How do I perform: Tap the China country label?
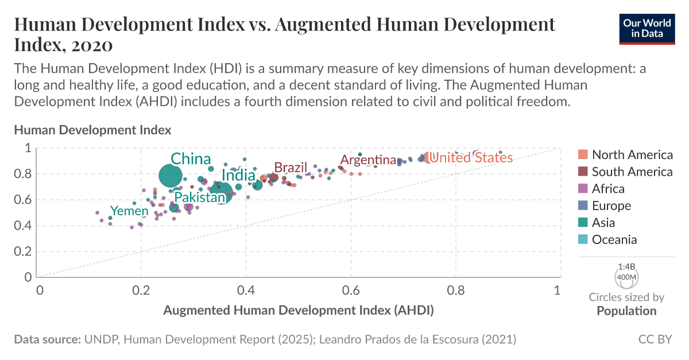click(x=191, y=159)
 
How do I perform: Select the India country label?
click(x=238, y=176)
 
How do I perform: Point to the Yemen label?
click(x=129, y=211)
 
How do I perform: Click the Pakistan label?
click(x=200, y=198)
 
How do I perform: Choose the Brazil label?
click(x=291, y=167)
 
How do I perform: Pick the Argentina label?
click(x=368, y=160)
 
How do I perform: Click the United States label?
click(x=471, y=157)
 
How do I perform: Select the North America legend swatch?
click(x=583, y=154)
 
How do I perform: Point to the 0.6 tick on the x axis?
click(x=350, y=290)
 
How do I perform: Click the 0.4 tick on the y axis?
click(x=24, y=226)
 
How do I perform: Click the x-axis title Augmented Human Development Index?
click(x=298, y=311)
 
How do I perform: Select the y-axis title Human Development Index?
click(x=92, y=130)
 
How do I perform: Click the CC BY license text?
click(x=655, y=339)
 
